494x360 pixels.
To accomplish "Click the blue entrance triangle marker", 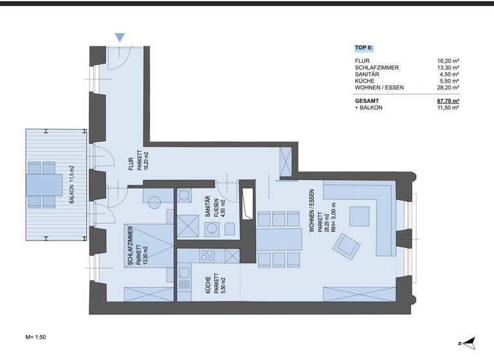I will click(x=120, y=37).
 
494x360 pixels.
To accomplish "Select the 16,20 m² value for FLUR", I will click(x=447, y=60).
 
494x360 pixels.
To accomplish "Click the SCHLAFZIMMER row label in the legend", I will click(x=376, y=67).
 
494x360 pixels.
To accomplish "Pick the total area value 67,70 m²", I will click(x=446, y=101).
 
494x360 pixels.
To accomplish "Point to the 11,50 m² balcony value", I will click(x=447, y=108).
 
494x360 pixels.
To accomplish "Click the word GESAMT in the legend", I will click(x=367, y=101).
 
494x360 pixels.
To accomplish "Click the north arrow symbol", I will click(x=468, y=342).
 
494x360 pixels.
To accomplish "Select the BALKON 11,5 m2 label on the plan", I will click(x=72, y=184).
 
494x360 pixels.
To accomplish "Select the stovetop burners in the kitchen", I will click(x=207, y=255).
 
